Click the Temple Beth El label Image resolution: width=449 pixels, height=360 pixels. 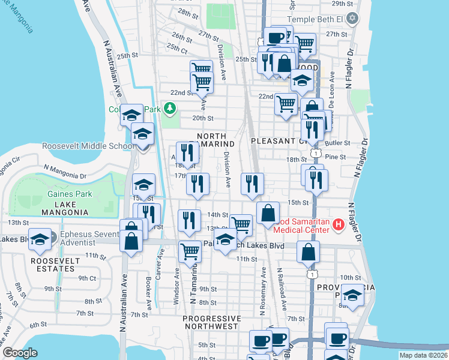pyautogui.click(x=315, y=19)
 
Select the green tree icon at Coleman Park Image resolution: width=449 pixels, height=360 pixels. pyautogui.click(x=170, y=108)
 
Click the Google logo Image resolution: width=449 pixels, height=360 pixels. pyautogui.click(x=20, y=353)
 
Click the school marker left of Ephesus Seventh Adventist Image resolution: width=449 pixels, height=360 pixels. pyautogui.click(x=40, y=239)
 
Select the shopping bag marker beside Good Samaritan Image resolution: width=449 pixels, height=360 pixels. pyautogui.click(x=268, y=212)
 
